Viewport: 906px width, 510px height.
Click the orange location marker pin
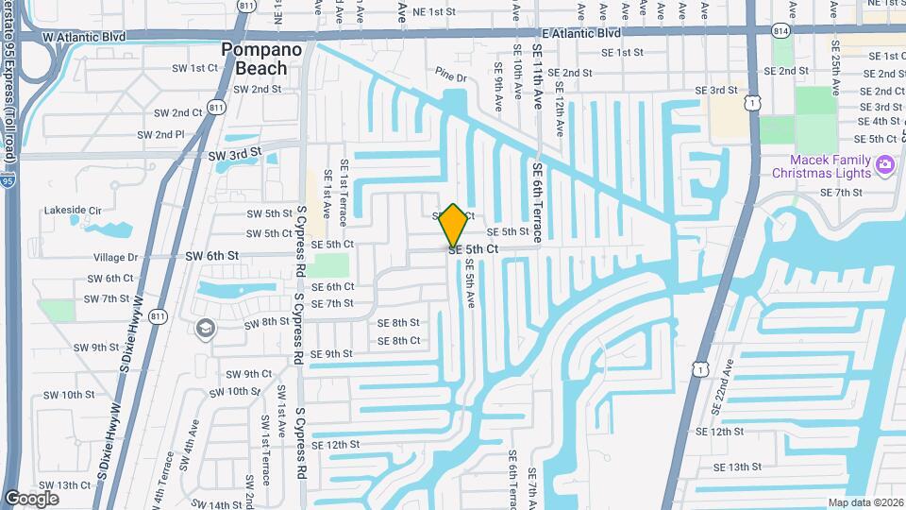454,225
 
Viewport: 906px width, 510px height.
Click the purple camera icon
884,166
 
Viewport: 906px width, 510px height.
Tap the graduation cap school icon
205,328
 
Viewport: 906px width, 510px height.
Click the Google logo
31,498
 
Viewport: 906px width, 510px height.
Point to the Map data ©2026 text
864,502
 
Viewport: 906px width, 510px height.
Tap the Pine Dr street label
451,75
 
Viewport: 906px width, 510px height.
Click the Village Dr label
115,257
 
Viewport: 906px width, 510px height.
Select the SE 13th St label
738,467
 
